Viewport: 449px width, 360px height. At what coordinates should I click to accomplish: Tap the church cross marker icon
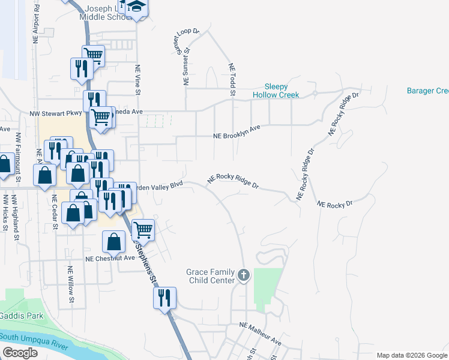pos(243,275)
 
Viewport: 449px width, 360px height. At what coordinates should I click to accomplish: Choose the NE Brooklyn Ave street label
pos(237,132)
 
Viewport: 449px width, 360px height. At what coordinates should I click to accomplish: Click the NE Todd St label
pos(231,80)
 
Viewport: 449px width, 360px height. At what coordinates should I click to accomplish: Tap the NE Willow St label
pos(71,284)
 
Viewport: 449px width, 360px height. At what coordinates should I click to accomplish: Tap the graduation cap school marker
pos(137,7)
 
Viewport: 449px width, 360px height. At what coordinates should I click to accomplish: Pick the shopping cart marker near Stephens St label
pos(143,229)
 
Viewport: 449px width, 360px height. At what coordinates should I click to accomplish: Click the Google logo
pos(19,353)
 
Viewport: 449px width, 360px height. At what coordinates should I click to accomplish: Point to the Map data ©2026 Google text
pos(412,355)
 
